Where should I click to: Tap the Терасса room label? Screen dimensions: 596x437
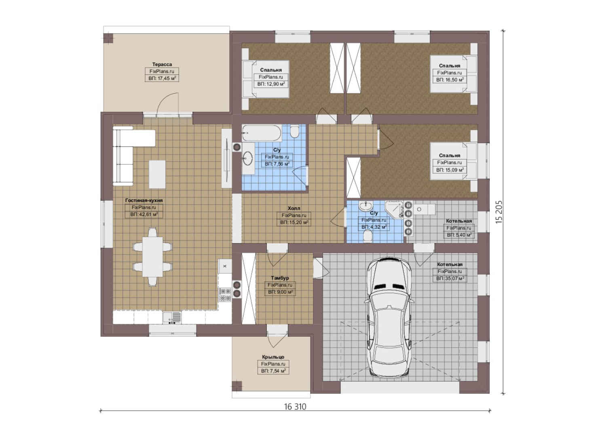click(162, 64)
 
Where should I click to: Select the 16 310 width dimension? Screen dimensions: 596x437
click(295, 407)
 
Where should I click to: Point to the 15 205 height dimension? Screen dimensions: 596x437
click(499, 212)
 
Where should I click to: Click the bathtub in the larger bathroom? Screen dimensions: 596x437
click(262, 133)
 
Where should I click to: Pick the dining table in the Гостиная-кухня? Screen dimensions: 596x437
click(152, 257)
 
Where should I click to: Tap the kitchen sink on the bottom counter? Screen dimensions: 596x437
click(172, 318)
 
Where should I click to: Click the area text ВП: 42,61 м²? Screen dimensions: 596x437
click(144, 214)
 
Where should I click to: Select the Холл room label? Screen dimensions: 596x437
click(294, 208)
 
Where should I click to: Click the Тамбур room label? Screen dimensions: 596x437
click(280, 278)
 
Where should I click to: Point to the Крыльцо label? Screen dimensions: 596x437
click(273, 357)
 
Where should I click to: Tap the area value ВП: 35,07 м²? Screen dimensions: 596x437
click(450, 278)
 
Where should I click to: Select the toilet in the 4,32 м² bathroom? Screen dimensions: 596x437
click(368, 236)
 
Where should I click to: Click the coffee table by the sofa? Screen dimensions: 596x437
click(157, 174)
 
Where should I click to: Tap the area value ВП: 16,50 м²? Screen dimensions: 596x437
click(450, 80)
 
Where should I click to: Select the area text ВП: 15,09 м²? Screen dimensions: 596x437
click(450, 170)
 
